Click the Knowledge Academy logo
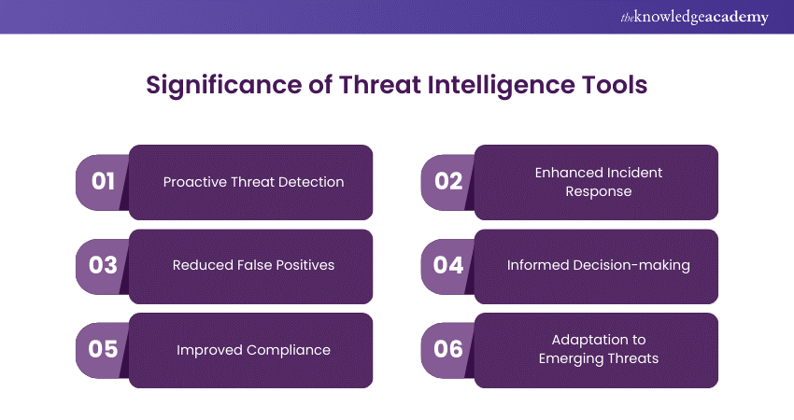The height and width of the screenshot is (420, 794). coord(694,17)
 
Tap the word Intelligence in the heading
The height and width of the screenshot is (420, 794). coord(502,85)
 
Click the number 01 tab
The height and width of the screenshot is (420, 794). coord(103,182)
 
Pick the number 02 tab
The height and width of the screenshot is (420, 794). coord(448,182)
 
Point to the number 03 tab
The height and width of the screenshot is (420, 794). coord(103,266)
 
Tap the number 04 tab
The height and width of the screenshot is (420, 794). coord(448,266)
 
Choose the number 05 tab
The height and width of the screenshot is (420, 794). coord(103,350)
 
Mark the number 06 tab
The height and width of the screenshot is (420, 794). coord(448,350)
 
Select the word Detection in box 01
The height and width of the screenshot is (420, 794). coord(314,182)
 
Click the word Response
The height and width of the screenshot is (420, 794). coord(599,192)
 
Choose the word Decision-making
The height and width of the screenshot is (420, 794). coord(631,266)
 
